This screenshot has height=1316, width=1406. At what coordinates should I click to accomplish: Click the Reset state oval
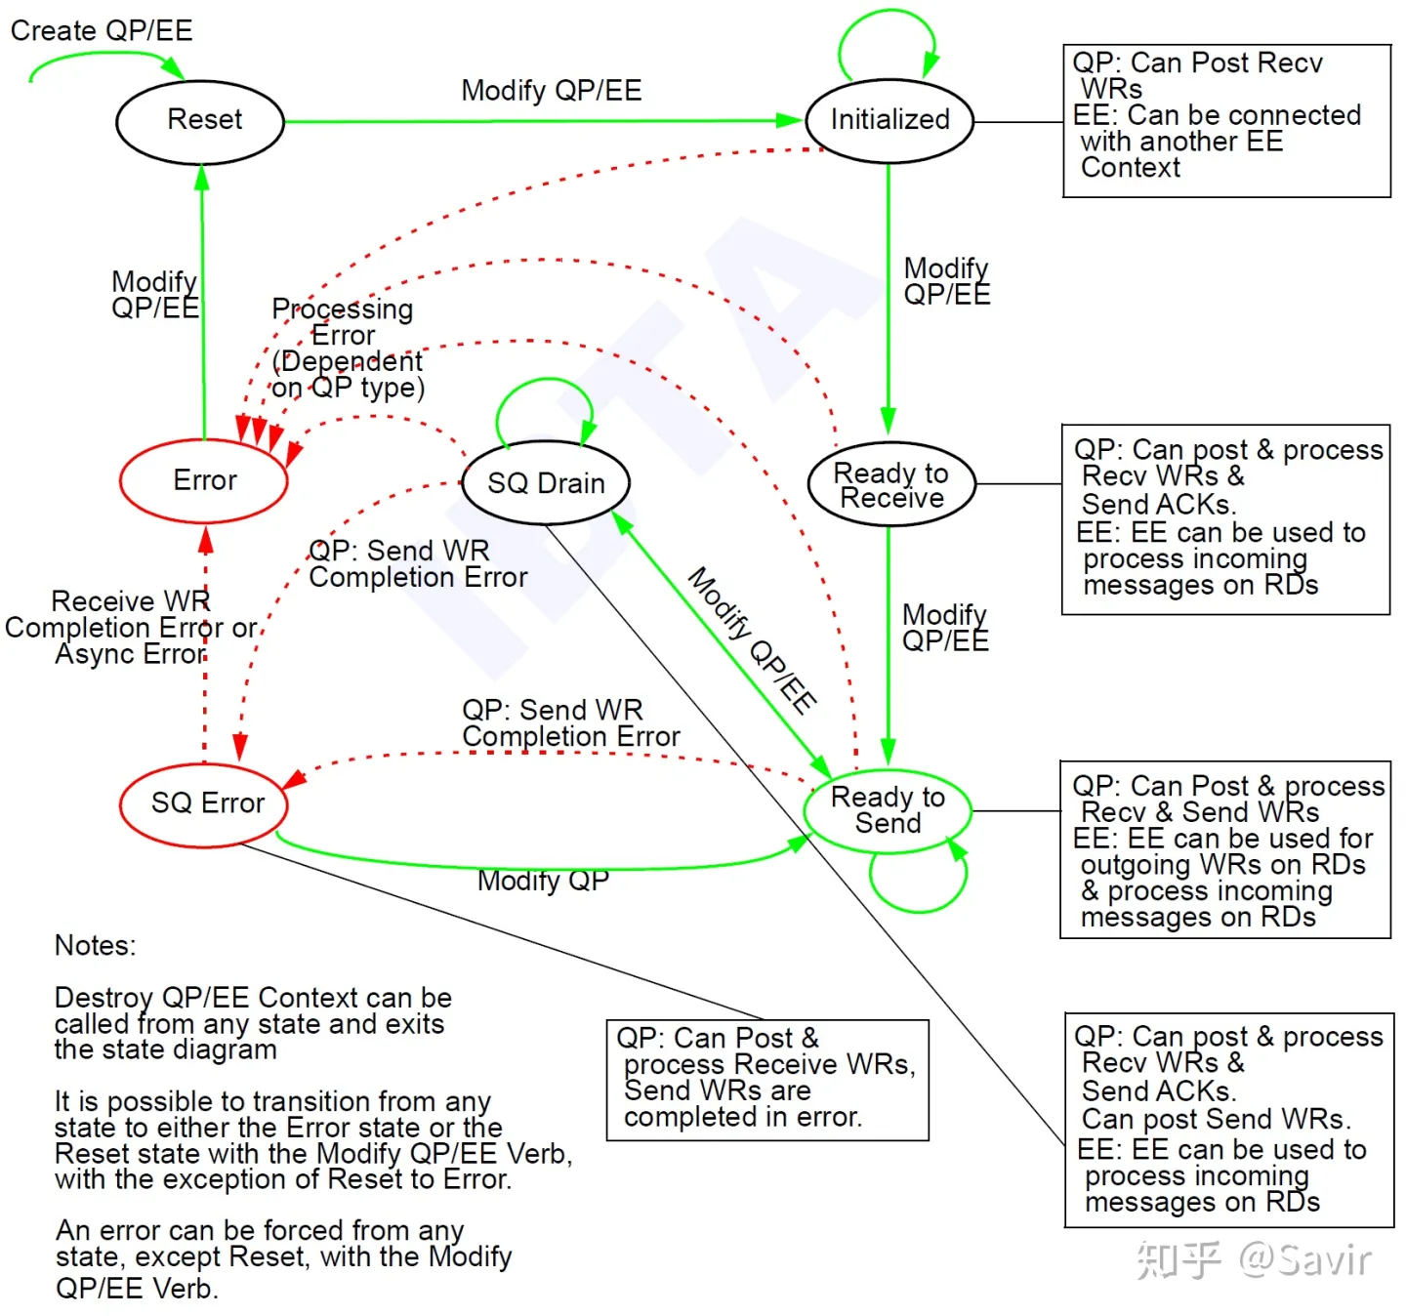coord(200,121)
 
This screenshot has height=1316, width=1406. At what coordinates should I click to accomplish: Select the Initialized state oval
coord(889,120)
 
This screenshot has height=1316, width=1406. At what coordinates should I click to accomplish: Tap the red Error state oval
coord(204,480)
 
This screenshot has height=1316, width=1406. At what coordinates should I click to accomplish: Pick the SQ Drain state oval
coord(546,483)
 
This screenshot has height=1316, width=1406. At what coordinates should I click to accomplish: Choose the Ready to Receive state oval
coord(891,485)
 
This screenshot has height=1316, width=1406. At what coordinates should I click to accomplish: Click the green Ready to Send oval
coord(888,810)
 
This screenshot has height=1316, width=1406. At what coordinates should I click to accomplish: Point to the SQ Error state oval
coord(205,803)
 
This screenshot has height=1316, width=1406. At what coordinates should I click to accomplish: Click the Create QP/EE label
coord(102,30)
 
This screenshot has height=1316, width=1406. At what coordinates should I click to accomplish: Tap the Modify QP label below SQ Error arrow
coord(543,881)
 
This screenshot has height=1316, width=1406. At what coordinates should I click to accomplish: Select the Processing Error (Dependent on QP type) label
coord(347,349)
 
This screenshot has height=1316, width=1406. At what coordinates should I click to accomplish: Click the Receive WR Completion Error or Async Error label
coord(130,627)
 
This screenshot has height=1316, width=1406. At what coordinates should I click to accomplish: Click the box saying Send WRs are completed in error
coord(767,1079)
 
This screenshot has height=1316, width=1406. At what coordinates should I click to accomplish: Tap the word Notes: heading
coord(96,945)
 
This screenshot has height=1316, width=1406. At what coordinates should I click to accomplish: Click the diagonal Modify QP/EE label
coord(752,640)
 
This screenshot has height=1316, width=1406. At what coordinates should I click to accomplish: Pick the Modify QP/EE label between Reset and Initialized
coord(551,91)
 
